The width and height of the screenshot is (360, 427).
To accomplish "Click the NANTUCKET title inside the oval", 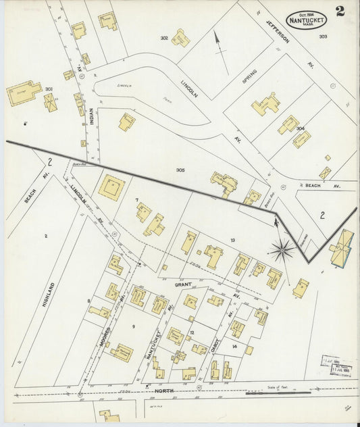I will click(x=308, y=20).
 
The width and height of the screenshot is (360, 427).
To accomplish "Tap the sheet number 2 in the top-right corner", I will click(x=338, y=11).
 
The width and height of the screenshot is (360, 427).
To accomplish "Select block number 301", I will click(x=49, y=89).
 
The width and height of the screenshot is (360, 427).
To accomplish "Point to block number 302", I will click(x=163, y=39).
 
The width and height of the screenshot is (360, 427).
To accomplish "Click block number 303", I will click(x=323, y=36).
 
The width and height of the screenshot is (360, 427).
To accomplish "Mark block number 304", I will click(x=300, y=128).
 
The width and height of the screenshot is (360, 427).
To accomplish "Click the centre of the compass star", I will click(x=282, y=249).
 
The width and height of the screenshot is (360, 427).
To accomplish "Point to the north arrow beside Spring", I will click(x=217, y=45).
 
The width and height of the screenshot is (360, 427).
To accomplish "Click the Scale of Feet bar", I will click(x=269, y=392).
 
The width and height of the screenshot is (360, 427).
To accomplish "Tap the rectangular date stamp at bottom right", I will click(x=335, y=365).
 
